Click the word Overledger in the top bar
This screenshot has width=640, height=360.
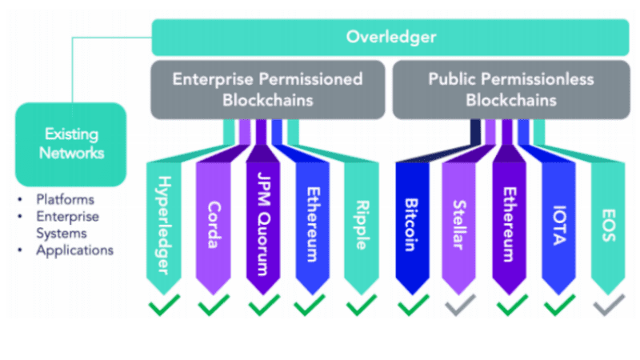pos(391,37)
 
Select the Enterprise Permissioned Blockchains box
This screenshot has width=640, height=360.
pos(268,90)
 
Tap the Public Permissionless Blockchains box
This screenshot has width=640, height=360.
pos(511,90)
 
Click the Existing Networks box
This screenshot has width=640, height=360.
pos(71,144)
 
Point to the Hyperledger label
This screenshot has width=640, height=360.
pos(164,226)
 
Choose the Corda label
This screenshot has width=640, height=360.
pos(214,225)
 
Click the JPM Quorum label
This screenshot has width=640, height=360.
pos(264,224)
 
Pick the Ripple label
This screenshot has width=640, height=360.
pos(362,225)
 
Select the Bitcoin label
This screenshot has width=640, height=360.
pos(411,225)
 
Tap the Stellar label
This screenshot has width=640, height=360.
pos(460,225)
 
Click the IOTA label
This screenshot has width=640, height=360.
pos(559,226)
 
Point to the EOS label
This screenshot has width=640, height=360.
pos(609,226)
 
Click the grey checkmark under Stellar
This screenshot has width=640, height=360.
pos(461,305)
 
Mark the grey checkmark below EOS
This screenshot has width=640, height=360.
pos(609,305)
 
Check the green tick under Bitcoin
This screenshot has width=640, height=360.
pos(414,305)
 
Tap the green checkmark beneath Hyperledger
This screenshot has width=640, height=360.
pos(164,305)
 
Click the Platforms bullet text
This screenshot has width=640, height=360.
pos(66,199)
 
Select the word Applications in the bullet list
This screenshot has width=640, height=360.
pos(74,250)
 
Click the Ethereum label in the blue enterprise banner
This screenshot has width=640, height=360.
pos(313,225)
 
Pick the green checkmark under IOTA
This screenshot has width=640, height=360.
pos(560,305)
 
